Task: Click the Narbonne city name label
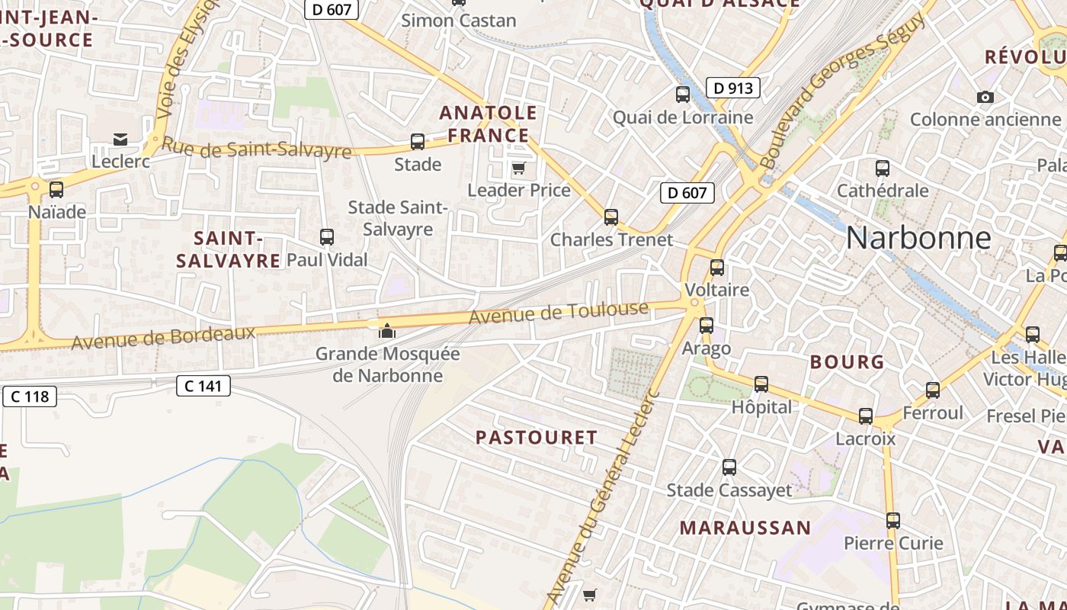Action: [x=918, y=238]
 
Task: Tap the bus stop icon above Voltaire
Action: [x=716, y=268]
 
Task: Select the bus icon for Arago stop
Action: [x=707, y=326]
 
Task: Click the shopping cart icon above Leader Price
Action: [x=518, y=168]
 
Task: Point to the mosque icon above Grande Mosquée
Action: [x=387, y=331]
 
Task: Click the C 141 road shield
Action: [x=203, y=386]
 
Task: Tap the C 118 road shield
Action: [x=30, y=396]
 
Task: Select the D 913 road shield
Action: [x=733, y=88]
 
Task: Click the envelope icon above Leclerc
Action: [x=120, y=139]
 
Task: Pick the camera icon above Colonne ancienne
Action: [x=985, y=97]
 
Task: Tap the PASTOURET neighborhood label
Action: [x=537, y=437]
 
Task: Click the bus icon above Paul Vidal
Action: [x=327, y=237]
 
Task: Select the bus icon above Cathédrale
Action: [x=883, y=168]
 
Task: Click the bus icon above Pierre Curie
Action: [x=893, y=521]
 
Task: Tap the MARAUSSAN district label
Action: [x=745, y=528]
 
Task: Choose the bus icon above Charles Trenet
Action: [x=610, y=217]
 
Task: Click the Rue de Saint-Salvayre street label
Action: [x=257, y=148]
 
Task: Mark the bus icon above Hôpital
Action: [x=761, y=384]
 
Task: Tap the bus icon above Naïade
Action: [x=56, y=190]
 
